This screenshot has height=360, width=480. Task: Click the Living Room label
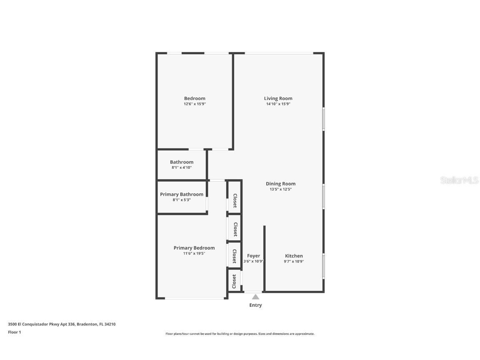(x=278, y=98)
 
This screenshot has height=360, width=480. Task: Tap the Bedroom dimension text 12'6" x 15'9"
(x=195, y=104)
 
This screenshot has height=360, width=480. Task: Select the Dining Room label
(x=280, y=184)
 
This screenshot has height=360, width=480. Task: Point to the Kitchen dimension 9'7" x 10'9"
(x=294, y=261)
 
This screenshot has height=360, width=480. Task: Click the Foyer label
(x=253, y=256)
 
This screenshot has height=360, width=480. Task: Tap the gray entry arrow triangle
(x=255, y=297)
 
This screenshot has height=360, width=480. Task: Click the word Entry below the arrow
(x=255, y=305)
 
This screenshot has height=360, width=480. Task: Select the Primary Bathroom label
(x=182, y=194)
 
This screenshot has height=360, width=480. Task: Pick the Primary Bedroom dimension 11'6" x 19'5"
(x=194, y=253)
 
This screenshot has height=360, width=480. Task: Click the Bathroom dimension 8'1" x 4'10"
(x=182, y=167)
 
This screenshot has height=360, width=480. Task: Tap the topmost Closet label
(x=235, y=201)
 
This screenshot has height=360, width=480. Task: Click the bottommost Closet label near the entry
(x=234, y=281)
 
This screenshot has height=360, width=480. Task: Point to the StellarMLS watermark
(x=459, y=180)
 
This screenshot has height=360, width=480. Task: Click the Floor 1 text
(x=14, y=332)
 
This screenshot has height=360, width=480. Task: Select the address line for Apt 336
(x=62, y=324)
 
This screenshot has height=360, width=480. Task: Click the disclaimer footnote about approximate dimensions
(x=240, y=334)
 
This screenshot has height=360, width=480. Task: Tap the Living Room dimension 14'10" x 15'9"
(x=278, y=104)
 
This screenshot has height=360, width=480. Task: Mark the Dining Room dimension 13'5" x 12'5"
(x=280, y=189)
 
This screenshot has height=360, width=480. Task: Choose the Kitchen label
(x=294, y=256)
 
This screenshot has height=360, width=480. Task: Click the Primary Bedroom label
(x=194, y=248)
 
